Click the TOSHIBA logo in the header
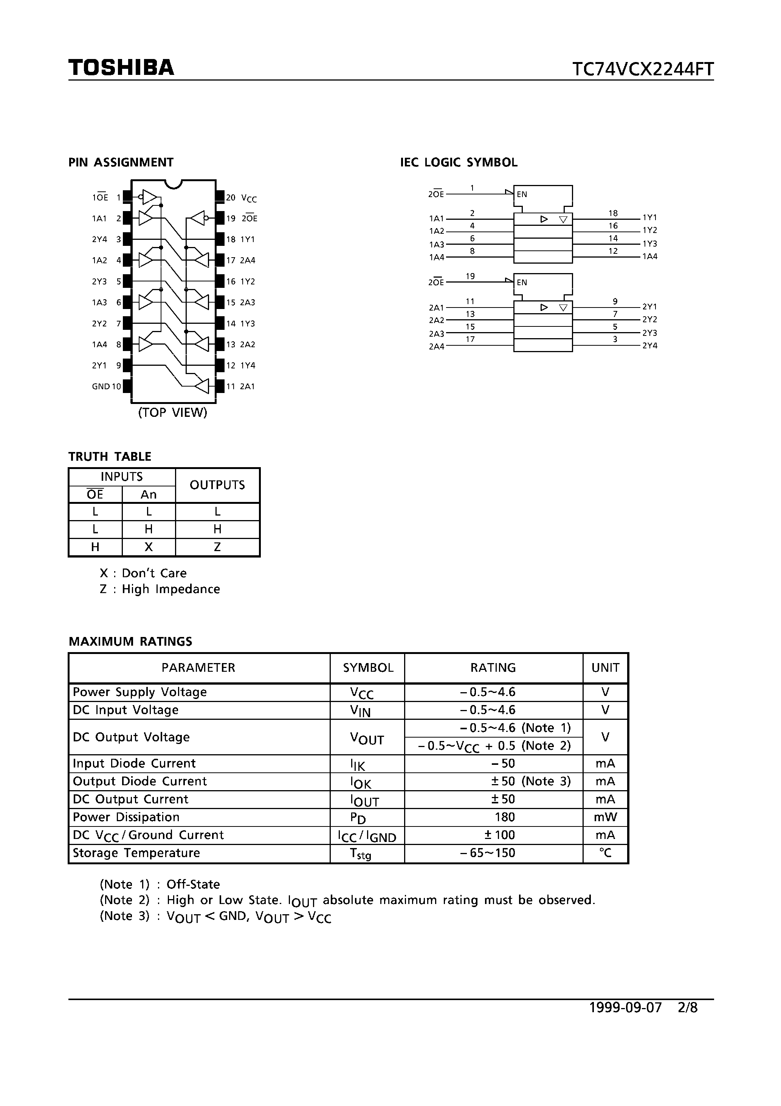[121, 67]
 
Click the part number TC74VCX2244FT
[642, 69]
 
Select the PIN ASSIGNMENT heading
[121, 162]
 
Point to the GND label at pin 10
[101, 386]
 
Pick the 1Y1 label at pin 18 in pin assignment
[248, 239]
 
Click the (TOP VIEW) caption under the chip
[172, 412]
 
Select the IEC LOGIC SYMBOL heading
[459, 162]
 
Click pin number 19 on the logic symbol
[470, 276]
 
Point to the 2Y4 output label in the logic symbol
[649, 345]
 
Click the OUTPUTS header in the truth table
[217, 485]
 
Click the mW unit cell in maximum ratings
[605, 817]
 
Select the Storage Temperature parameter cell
[136, 853]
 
